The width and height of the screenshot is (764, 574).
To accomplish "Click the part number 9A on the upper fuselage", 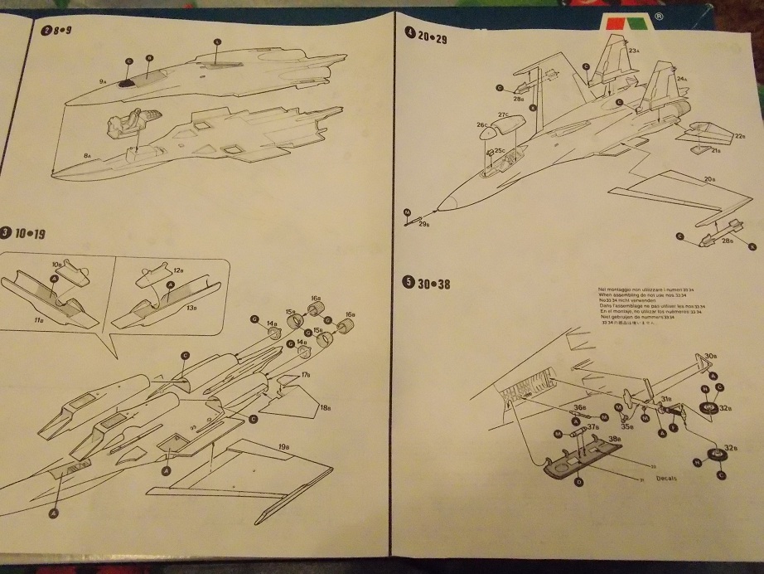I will [102, 80].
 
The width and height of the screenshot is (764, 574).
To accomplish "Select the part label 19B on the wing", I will [283, 448].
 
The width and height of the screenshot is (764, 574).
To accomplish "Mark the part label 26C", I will [481, 125].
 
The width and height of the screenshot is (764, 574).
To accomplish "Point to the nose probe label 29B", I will [423, 223].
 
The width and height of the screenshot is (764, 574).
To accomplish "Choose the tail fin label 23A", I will [633, 51].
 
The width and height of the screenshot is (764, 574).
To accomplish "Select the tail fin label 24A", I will [683, 80].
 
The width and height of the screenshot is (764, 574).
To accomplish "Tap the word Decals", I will [665, 479].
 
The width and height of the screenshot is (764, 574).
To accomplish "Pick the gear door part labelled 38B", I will [614, 439].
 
